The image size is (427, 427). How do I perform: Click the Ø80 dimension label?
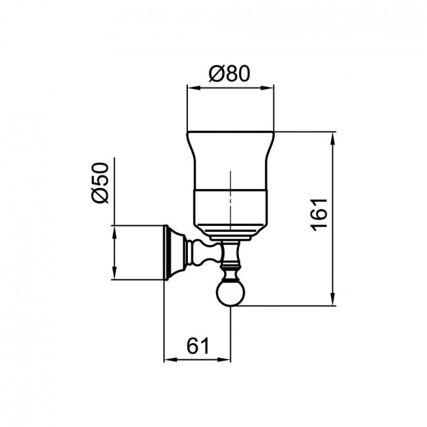point(229,74)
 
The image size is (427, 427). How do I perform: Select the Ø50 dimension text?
point(100,183)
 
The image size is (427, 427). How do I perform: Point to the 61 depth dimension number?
point(198,346)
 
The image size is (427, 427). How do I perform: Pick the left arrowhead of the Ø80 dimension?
point(194,88)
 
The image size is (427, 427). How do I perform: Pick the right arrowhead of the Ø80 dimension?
point(267,88)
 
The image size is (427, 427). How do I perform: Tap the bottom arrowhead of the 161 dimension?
point(332,299)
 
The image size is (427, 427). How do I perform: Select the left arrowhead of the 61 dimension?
point(171,360)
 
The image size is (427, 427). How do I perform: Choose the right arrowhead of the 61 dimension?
point(224,360)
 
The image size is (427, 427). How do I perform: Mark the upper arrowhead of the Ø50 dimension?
point(114,232)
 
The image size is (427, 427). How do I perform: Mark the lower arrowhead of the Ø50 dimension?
point(114,273)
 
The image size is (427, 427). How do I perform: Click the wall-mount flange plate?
point(168,252)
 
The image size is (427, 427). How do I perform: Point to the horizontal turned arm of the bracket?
point(202,252)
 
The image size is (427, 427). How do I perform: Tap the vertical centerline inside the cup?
point(231,201)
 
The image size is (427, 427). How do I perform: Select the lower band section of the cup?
point(231,206)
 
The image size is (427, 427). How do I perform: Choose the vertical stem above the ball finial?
point(231,261)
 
